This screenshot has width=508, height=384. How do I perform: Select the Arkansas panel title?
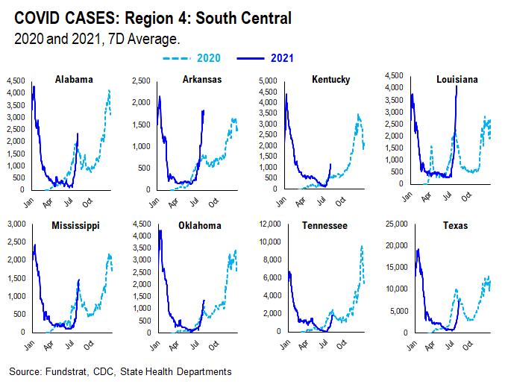201,80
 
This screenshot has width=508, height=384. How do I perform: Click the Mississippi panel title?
75,224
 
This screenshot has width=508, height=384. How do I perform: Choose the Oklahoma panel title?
201,224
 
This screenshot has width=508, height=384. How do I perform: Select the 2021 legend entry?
280,57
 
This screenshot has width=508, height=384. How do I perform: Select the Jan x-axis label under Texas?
410,346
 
